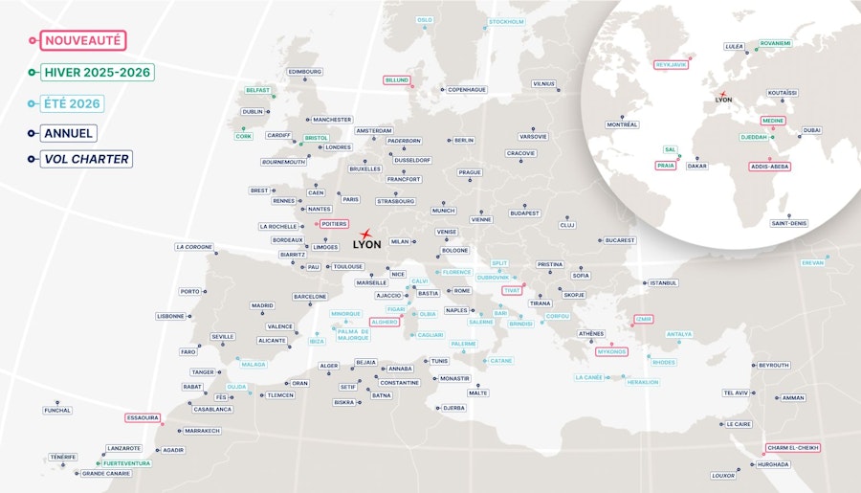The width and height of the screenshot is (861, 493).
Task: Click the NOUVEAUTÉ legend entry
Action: click(83, 41)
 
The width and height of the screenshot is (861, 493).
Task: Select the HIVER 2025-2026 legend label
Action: click(96, 72)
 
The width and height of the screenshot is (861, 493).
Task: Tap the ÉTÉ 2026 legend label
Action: click(73, 102)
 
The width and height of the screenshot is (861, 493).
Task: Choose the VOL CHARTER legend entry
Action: click(86, 159)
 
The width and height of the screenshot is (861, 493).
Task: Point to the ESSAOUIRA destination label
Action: click(143, 417)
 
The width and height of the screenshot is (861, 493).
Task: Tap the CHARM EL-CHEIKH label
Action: click(792, 447)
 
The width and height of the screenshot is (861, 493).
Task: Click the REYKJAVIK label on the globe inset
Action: click(671, 65)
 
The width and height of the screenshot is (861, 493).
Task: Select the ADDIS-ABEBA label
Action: click(769, 166)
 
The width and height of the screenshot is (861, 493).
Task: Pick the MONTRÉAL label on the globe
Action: click(622, 124)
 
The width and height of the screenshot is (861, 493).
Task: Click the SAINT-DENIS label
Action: click(789, 223)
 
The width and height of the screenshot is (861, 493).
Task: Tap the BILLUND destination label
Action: click(396, 80)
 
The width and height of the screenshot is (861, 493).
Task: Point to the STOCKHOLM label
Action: click(506, 22)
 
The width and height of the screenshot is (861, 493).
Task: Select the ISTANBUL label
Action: click(663, 282)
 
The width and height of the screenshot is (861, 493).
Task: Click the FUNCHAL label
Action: click(57, 411)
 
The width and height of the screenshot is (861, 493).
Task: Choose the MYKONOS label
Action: click(611, 351)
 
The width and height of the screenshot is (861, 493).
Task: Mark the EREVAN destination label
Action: click(812, 262)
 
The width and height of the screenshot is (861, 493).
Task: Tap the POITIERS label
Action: click(334, 224)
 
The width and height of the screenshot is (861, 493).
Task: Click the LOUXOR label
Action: click(723, 475)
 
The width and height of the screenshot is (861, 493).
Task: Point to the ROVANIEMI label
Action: click(775, 43)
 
